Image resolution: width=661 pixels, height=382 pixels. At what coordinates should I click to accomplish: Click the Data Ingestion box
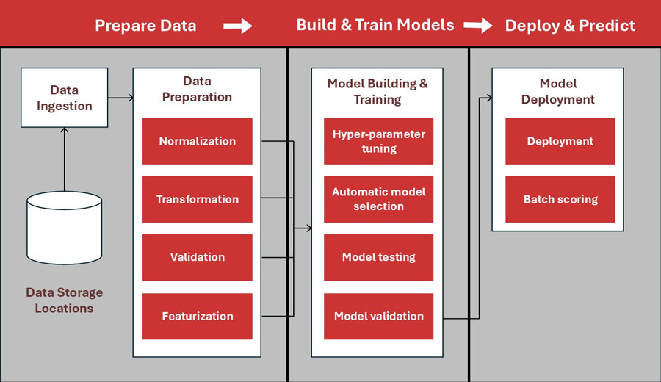pos(65,98)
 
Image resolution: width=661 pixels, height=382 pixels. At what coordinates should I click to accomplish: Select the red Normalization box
pos(197,141)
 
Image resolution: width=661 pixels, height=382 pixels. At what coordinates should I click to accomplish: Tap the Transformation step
pos(197,199)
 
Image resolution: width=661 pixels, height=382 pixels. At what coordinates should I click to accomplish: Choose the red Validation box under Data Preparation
pos(197,257)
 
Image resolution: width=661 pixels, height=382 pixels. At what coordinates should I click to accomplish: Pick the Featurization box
pos(197,316)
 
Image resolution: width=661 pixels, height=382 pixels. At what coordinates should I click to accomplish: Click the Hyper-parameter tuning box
pos(378,141)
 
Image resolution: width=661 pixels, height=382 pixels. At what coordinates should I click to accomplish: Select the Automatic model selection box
pos(378,199)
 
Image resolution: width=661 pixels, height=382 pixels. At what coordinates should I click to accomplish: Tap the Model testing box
pos(378,257)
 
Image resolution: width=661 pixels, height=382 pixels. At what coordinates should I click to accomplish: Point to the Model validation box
pos(378,316)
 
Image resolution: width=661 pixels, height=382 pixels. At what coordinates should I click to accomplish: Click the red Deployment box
pos(560,141)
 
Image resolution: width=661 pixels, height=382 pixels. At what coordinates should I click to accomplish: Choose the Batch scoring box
pos(560,199)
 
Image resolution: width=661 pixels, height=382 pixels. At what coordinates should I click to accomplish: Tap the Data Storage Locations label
pos(65,300)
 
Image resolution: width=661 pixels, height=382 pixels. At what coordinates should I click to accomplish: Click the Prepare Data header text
pos(145,26)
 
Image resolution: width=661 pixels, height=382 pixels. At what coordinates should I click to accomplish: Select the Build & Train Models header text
pos(375,25)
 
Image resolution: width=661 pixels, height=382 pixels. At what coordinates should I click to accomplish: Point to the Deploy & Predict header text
pos(570,26)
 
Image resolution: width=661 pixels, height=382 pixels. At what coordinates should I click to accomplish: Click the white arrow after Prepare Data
pos(237,26)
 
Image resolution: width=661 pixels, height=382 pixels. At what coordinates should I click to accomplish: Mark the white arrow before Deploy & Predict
pos(478,26)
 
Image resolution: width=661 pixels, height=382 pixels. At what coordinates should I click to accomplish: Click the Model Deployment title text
pos(558,91)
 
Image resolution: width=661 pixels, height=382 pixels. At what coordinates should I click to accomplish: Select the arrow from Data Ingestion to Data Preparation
pos(120,98)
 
